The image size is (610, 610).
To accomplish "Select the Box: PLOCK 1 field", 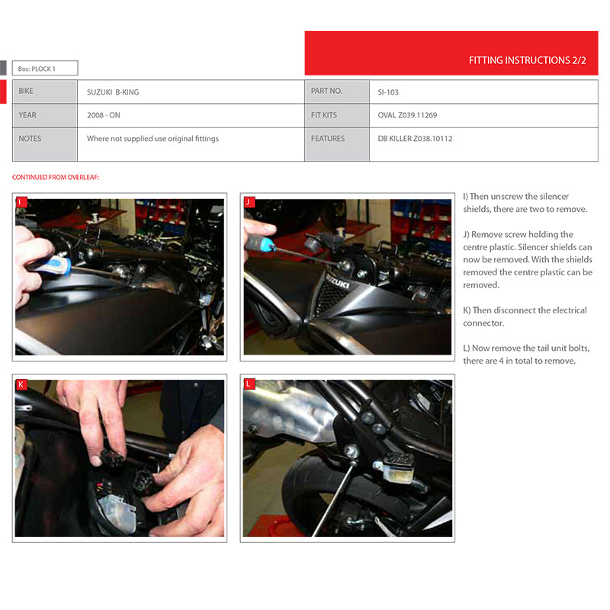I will (45, 69).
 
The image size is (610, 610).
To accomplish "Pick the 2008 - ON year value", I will (104, 115).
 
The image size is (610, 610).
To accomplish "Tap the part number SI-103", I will (388, 92).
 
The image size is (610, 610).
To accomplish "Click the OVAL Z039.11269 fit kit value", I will (407, 115).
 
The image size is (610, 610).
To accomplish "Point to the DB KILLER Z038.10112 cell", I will (415, 139).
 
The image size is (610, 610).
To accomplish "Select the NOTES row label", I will (30, 139).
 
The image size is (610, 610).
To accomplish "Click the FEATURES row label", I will (328, 139).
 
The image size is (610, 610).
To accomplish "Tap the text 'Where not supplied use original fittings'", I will (152, 139).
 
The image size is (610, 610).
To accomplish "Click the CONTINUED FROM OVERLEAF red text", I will (56, 178).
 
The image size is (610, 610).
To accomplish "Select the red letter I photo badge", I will (21, 202).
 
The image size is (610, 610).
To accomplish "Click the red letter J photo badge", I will (249, 202).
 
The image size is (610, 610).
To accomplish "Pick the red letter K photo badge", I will (21, 384).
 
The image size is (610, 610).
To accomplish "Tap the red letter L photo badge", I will (249, 384).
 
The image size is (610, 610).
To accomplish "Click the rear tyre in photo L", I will (305, 496).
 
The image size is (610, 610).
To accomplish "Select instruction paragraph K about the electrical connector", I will (525, 316).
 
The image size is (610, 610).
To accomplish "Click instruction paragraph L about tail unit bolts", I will (525, 354).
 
